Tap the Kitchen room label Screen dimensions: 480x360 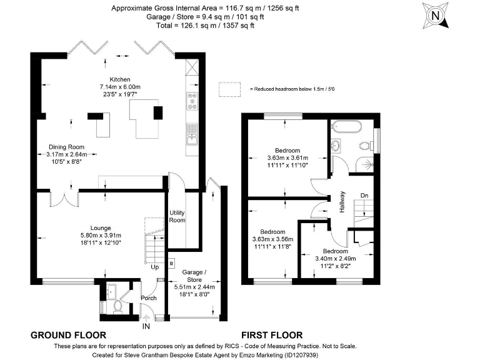coord(120,79)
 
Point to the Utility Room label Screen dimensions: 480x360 coord(177,216)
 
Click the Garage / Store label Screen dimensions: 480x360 coord(194,272)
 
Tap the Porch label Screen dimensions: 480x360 coord(148,297)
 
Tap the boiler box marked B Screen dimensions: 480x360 coord(171,263)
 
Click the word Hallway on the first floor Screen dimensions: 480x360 coord(342,202)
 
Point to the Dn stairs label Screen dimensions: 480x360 coord(364,195)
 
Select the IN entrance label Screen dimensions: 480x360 coord(146,326)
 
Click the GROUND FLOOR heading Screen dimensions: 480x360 coord(68,335)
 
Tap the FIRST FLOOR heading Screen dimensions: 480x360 coord(272,335)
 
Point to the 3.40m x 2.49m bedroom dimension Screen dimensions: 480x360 coord(335,258)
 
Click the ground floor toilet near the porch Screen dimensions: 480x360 coord(118,307)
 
